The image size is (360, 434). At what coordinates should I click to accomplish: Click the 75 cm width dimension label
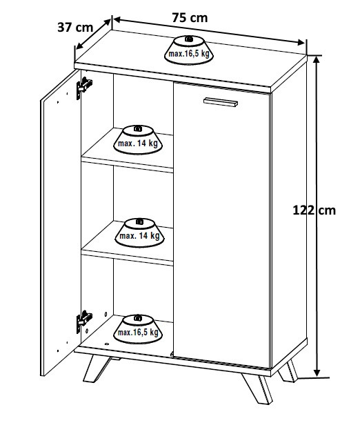pyautogui.click(x=190, y=18)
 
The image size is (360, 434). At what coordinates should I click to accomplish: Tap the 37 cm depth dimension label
pyautogui.click(x=75, y=28)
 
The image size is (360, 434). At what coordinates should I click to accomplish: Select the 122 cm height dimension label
pyautogui.click(x=314, y=210)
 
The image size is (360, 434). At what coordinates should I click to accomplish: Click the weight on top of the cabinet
pyautogui.click(x=189, y=50)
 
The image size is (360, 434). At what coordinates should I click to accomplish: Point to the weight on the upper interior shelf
pyautogui.click(x=138, y=140)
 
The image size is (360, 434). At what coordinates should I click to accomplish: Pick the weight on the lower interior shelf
pyautogui.click(x=139, y=233)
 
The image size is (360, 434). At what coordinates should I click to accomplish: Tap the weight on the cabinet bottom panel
pyautogui.click(x=138, y=329)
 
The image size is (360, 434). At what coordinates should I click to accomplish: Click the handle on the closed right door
pyautogui.click(x=221, y=102)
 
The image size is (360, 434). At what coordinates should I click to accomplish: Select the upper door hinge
pyautogui.click(x=84, y=87)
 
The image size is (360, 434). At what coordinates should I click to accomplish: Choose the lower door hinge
pyautogui.click(x=84, y=321)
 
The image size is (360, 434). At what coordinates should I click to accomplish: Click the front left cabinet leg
pyautogui.click(x=97, y=368)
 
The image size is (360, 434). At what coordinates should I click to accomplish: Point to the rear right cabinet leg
pyautogui.click(x=288, y=371)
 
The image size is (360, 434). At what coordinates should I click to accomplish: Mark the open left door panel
pyautogui.click(x=60, y=223)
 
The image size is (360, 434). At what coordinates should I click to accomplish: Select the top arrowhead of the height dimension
pyautogui.click(x=317, y=60)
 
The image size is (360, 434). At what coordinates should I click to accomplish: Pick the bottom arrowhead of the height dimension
pyautogui.click(x=318, y=373)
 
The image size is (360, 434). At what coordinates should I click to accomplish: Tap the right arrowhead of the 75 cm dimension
pyautogui.click(x=301, y=42)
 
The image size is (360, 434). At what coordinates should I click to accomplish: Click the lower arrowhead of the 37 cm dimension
pyautogui.click(x=79, y=46)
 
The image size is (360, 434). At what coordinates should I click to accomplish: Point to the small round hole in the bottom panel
pyautogui.click(x=107, y=344)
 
